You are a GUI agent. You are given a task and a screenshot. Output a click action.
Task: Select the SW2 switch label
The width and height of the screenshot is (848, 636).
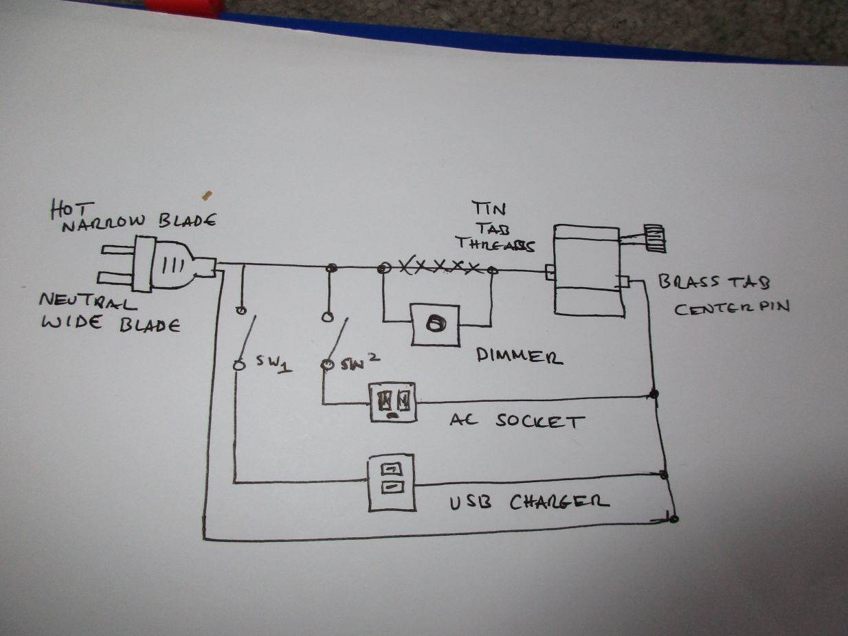coord(360,363)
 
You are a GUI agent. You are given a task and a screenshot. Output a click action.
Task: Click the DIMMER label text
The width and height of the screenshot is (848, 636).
coord(520,356)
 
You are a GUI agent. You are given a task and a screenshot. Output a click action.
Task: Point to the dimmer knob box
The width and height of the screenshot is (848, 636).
coord(434,325)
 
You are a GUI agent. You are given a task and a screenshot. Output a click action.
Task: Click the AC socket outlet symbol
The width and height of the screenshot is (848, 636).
coord(393,402)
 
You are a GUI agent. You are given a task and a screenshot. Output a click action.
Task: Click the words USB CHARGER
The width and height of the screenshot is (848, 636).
coord(528,502)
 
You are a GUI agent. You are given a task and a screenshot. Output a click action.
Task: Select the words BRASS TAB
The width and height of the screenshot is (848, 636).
coord(713,281)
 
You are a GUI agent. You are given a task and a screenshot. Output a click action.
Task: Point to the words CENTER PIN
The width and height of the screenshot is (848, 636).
coord(731,307)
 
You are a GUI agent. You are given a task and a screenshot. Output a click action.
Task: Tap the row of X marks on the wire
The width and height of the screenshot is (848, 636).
coord(439,266)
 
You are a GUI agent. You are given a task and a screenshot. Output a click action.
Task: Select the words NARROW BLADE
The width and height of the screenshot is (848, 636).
coord(139,221)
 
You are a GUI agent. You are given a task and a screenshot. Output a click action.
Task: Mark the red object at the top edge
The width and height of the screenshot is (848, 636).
coord(183,8)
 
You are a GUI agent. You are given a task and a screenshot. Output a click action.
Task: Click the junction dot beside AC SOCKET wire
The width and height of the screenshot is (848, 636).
coord(654,394)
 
